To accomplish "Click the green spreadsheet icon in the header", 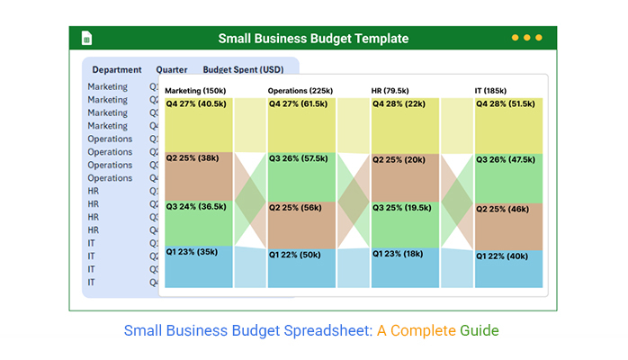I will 87,38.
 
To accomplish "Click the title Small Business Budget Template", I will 313,39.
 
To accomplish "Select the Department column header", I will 117,69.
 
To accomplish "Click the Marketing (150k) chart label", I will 195,91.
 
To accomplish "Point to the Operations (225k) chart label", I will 301,91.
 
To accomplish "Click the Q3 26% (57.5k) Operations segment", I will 301,176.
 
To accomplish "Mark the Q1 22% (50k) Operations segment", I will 301,267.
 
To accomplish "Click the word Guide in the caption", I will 479,330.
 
